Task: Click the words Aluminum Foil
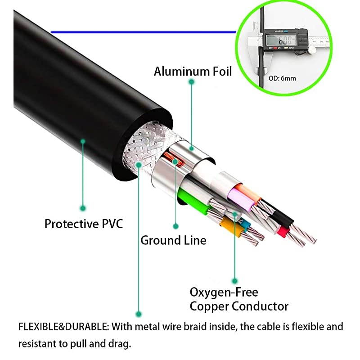point(193,71)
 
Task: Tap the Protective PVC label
point(84,223)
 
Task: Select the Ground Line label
point(173,240)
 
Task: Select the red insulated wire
point(283,231)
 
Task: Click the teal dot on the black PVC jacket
point(83,141)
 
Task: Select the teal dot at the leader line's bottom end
point(139,314)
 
